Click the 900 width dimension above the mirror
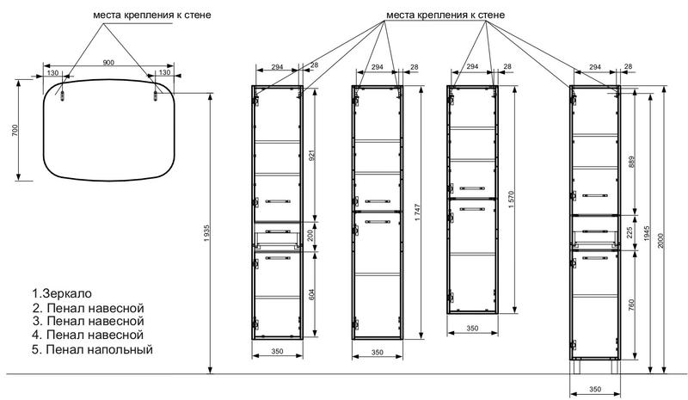(x=108, y=62)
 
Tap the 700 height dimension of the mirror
(x=15, y=130)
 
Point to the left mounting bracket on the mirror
(x=62, y=95)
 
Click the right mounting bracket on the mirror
(x=156, y=95)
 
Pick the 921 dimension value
(x=312, y=156)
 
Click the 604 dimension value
(x=312, y=294)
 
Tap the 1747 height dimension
(x=417, y=212)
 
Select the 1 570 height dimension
(x=511, y=200)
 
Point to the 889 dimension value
(x=631, y=162)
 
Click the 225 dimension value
(x=631, y=233)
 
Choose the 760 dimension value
(x=631, y=305)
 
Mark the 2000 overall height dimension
(x=661, y=240)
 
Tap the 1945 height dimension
(x=647, y=235)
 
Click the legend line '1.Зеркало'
(x=62, y=292)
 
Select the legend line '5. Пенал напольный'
(x=93, y=349)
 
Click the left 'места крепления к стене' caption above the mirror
(x=152, y=15)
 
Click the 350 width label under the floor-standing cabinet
(x=595, y=389)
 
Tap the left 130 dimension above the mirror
(x=52, y=72)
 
